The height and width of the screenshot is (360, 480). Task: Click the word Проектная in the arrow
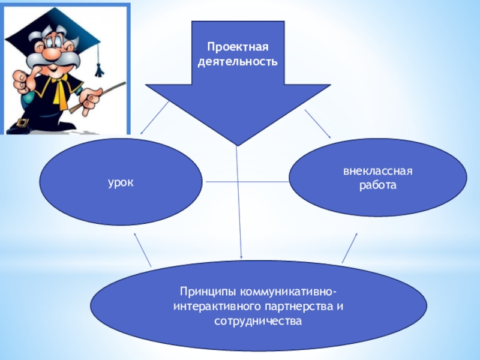(x=239, y=47)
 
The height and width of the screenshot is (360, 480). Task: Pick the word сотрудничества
(x=258, y=321)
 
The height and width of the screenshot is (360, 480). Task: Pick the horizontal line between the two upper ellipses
(x=246, y=181)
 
